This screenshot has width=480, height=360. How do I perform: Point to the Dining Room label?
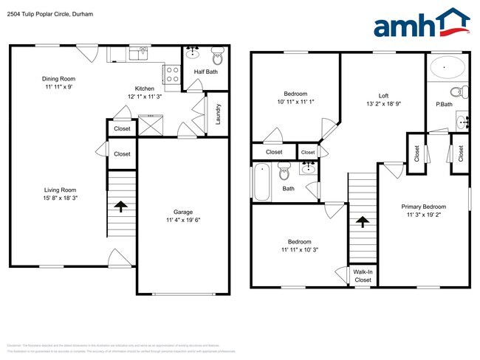58,79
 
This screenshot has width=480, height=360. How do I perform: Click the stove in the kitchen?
171,73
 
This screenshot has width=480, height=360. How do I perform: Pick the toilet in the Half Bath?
218,55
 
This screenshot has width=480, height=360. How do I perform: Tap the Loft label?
383,95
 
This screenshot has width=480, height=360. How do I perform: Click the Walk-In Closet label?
363,276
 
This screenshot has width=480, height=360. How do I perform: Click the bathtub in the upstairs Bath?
261,181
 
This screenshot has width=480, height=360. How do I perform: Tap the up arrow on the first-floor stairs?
120,207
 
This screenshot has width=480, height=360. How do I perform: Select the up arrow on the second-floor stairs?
362,221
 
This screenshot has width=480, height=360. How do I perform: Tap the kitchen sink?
139,53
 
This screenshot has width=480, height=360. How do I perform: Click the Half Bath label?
205,71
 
